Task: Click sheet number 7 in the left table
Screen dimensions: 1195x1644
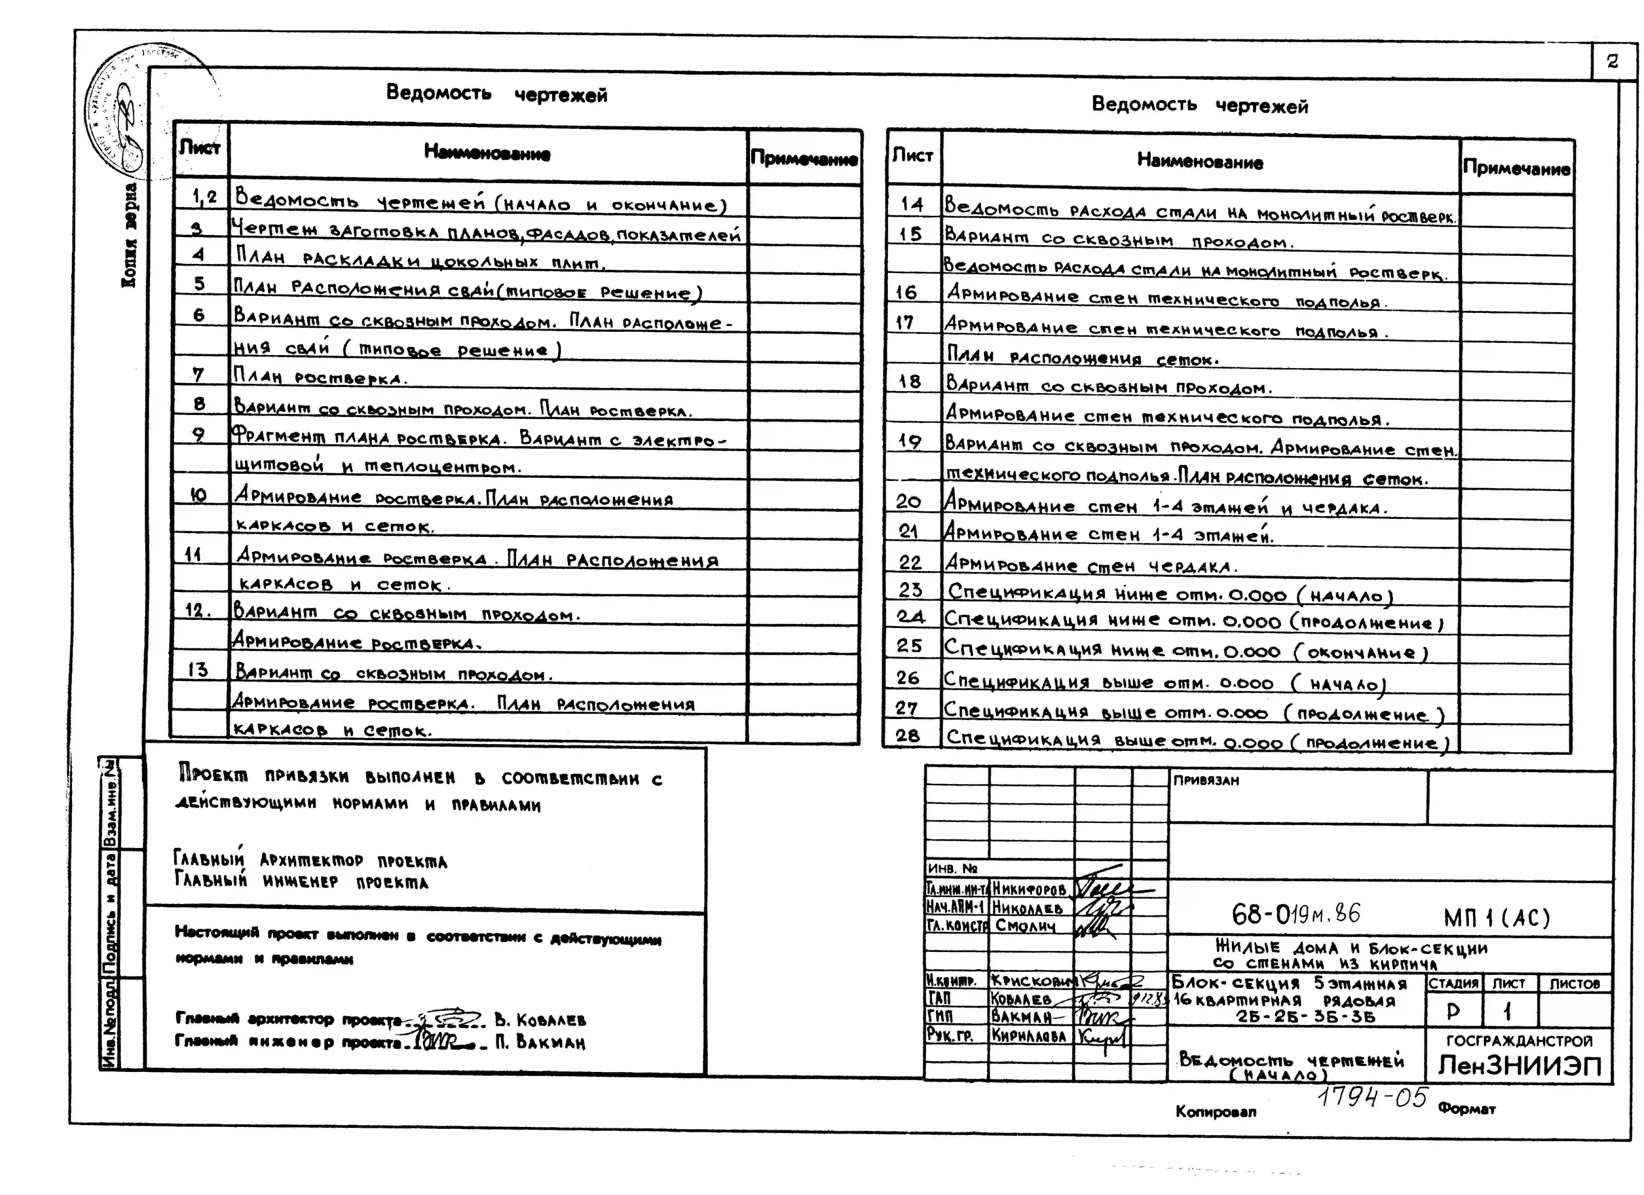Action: tap(198, 375)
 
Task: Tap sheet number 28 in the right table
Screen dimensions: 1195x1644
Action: tap(908, 736)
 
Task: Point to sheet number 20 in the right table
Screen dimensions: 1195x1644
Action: tap(908, 502)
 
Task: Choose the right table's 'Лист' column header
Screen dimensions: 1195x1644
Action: tap(913, 155)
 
